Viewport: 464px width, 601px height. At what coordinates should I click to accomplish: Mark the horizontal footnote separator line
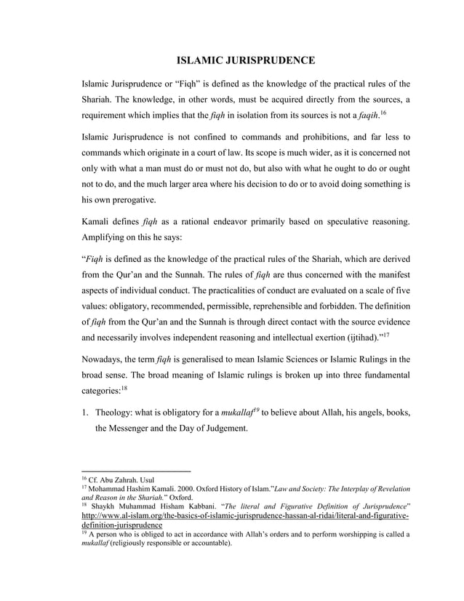click(x=136, y=471)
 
